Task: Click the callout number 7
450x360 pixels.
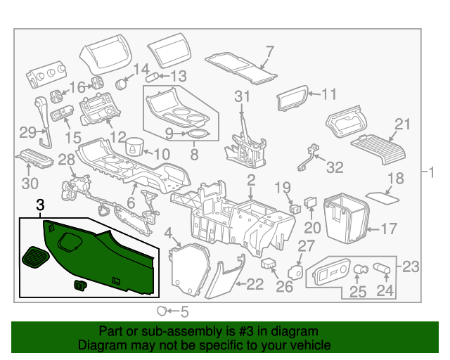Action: (x=269, y=50)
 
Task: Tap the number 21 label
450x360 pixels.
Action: (x=401, y=124)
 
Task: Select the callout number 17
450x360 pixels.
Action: (x=389, y=229)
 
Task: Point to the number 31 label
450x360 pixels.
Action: (x=242, y=96)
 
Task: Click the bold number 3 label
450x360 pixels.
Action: (x=40, y=205)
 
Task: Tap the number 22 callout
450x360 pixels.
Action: (x=255, y=283)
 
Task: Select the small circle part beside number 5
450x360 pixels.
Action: (x=162, y=310)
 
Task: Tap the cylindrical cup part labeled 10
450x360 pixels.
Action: (x=134, y=150)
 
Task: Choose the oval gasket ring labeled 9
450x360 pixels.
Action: (x=198, y=133)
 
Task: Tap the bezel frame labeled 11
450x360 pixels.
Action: (x=292, y=99)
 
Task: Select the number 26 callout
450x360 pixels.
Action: (x=283, y=286)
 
